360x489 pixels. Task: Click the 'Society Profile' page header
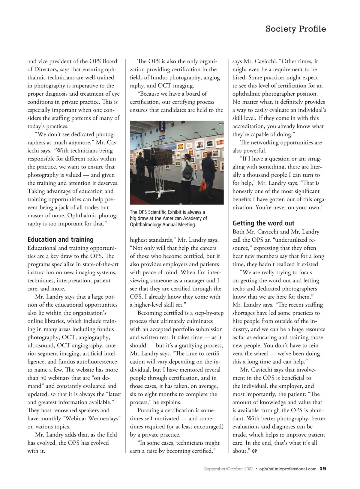point(295,29)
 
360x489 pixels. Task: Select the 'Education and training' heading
point(61,240)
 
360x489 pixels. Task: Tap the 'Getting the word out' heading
point(263,223)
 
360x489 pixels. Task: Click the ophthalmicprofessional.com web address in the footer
point(288,469)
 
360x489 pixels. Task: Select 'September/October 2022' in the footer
point(229,469)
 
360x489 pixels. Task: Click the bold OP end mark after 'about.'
point(254,451)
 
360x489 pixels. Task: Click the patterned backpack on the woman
point(188,170)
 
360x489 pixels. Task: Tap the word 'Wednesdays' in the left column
point(104,419)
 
